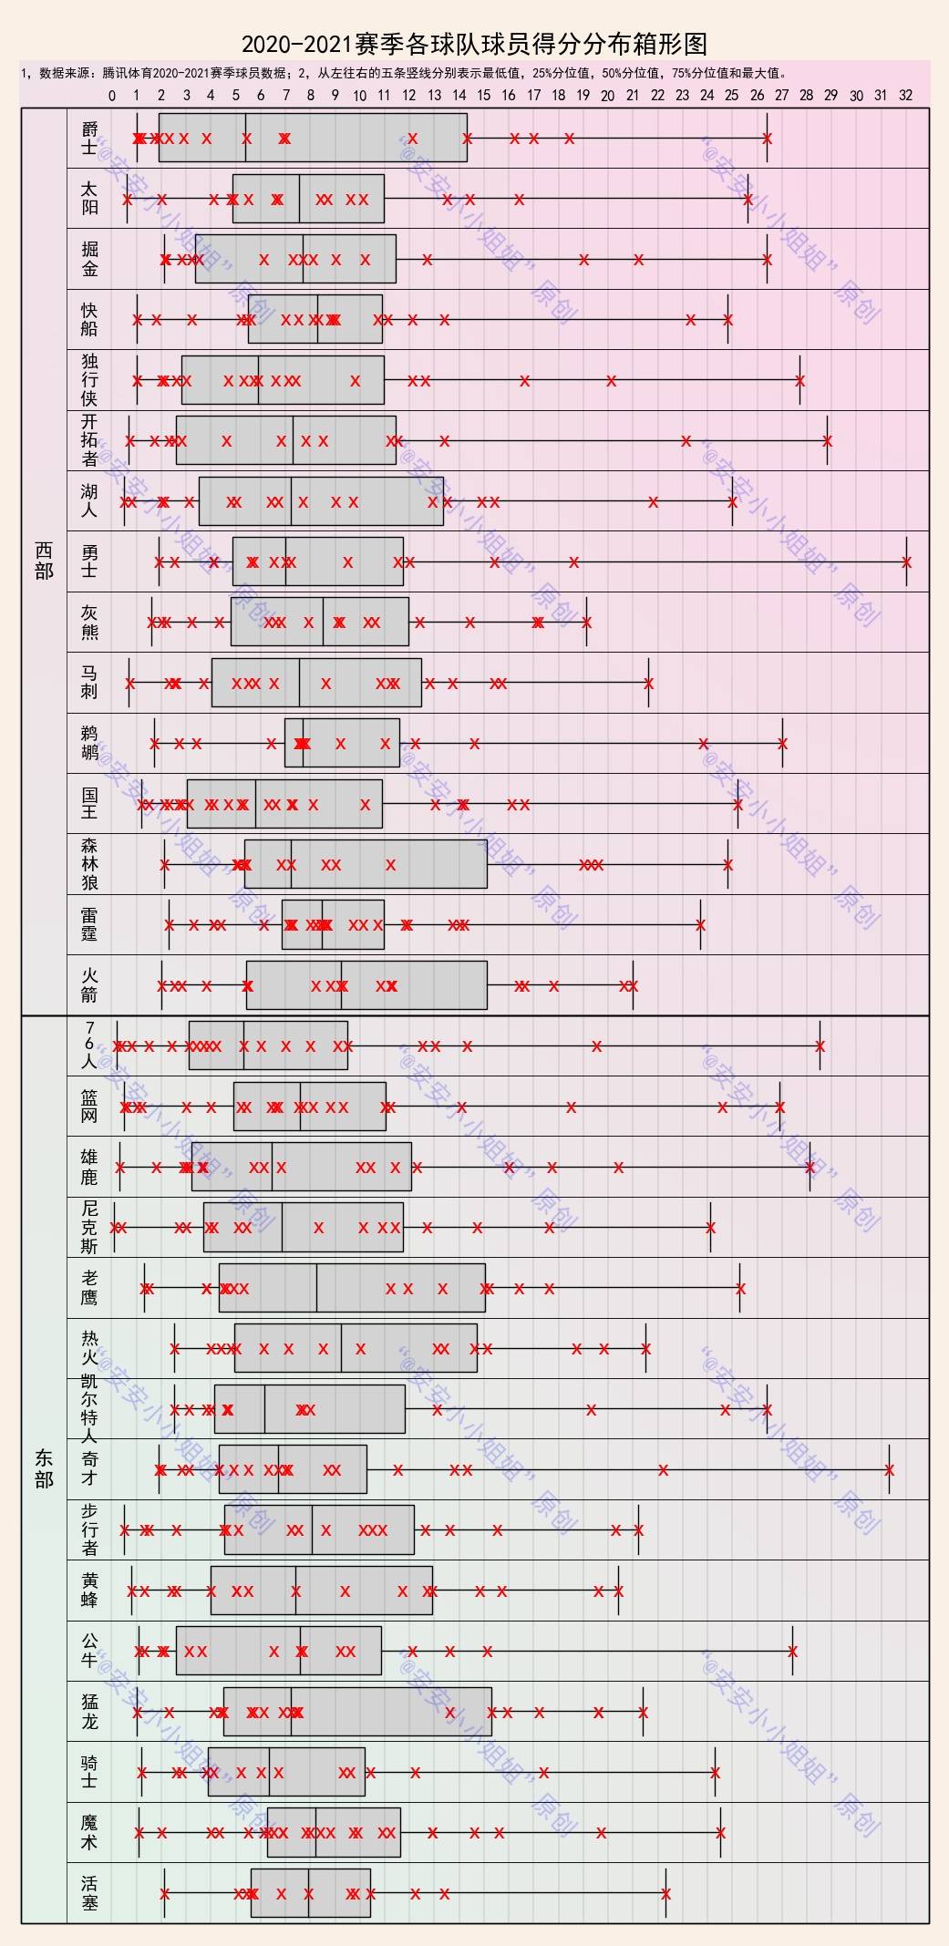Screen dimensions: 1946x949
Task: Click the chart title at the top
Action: pos(474,43)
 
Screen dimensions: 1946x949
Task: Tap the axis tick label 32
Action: pos(905,96)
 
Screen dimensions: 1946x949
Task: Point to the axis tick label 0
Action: pos(112,96)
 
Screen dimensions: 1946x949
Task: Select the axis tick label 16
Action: pos(509,96)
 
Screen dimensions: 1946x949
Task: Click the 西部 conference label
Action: pos(44,561)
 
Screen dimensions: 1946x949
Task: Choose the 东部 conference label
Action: pos(44,1468)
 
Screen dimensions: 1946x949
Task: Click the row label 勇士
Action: pos(88,561)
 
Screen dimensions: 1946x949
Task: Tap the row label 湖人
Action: pos(88,500)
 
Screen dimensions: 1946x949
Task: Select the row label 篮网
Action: pos(88,1106)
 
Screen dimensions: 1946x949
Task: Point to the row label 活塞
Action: pos(88,1892)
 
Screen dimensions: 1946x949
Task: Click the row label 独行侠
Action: pos(88,379)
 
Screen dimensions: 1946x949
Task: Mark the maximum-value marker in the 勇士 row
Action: pos(906,562)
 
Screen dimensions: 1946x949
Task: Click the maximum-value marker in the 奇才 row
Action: pos(889,1470)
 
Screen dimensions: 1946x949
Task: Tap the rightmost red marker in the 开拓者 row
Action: pos(828,441)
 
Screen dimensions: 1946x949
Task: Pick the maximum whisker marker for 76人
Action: pos(820,1046)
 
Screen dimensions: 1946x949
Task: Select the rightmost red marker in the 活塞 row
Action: pos(666,1894)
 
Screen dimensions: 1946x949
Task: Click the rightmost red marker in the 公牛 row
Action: pos(792,1652)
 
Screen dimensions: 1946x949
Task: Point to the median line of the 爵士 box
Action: pos(245,138)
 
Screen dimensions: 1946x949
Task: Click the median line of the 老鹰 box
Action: pos(317,1288)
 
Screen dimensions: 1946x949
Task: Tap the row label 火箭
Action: pos(88,984)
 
